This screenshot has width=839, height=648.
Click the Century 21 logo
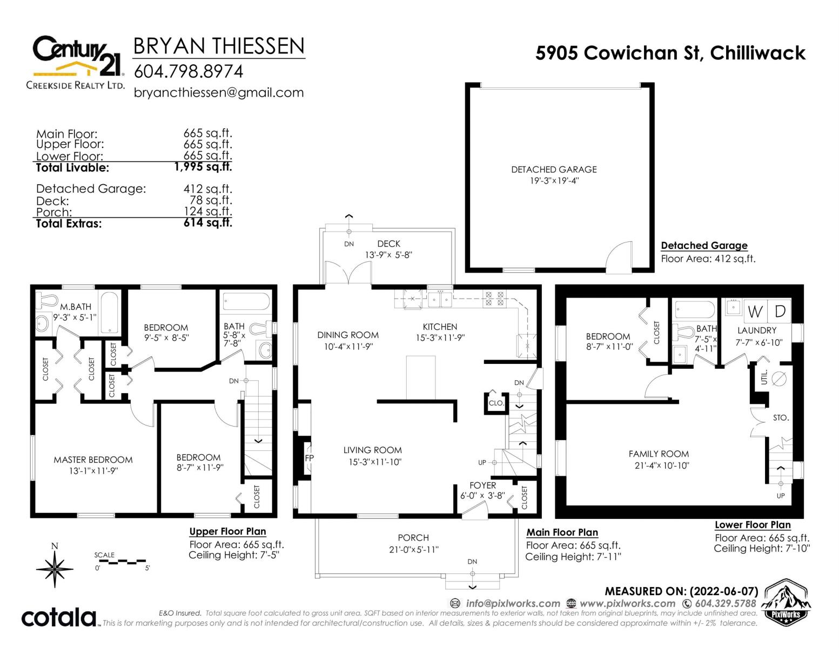point(76,62)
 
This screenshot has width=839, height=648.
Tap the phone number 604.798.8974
point(189,71)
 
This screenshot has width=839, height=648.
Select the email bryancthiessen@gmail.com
point(219,93)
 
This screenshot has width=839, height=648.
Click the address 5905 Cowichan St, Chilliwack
point(670,53)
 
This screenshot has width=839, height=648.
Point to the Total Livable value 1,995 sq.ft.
point(203,167)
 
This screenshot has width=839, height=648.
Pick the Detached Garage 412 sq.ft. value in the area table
point(207,188)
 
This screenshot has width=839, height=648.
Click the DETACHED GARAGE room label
point(554,170)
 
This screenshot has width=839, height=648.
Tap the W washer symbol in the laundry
point(755,311)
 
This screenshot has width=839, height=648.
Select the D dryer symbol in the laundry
point(780,311)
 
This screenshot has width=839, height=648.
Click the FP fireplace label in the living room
point(309,458)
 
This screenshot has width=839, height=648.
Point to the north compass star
point(55,569)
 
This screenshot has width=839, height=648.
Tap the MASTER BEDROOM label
point(93,460)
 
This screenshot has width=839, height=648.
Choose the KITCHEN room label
point(440,327)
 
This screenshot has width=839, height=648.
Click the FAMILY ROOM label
point(659,454)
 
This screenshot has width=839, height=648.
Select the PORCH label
point(413,538)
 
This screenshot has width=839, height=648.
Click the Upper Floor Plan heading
point(227,531)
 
